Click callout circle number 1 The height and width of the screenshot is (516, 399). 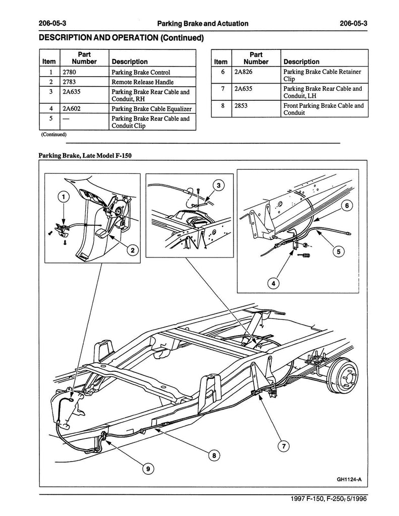pos(64,197)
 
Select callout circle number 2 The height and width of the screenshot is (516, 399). pos(133,250)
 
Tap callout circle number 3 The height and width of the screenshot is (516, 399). pos(218,185)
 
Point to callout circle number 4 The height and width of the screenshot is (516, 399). pos(273,283)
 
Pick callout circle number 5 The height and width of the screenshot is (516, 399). pos(338,252)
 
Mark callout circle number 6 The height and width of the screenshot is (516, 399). pos(347,206)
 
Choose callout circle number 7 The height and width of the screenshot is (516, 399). pos(283,446)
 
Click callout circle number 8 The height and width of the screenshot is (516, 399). pos(214,456)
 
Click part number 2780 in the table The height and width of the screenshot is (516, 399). pos(69,72)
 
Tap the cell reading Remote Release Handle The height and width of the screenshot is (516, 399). pos(142,82)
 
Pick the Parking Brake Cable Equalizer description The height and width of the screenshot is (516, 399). pos(151,109)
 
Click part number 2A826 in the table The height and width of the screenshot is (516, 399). pos(243,72)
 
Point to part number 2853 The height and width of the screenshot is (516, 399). pos(241,106)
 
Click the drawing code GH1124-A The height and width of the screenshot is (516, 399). pos(349,479)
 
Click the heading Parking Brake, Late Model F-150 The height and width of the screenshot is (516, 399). pos(85,155)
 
